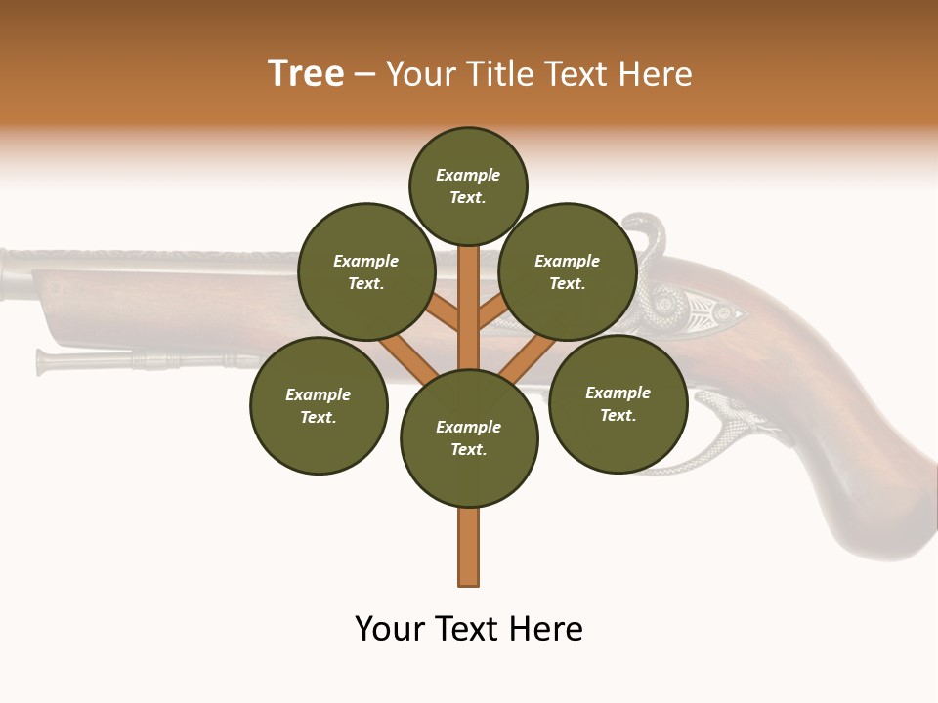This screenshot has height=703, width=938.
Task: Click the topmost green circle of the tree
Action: [468, 186]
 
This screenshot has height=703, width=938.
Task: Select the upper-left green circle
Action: [365, 271]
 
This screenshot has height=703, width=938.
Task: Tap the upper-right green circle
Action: [568, 271]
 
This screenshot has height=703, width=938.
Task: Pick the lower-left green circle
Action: [319, 405]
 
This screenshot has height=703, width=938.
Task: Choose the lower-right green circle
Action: [618, 403]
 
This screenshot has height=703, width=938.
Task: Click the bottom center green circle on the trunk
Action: [469, 438]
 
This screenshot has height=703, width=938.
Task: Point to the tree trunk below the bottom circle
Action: [469, 547]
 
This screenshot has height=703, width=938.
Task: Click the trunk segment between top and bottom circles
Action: [469, 308]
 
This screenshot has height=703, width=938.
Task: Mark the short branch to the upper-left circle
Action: [443, 311]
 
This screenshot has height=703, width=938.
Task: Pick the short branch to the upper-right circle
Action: [493, 310]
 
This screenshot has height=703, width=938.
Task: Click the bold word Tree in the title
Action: [306, 73]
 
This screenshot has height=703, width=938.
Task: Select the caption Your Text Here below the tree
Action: [469, 629]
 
